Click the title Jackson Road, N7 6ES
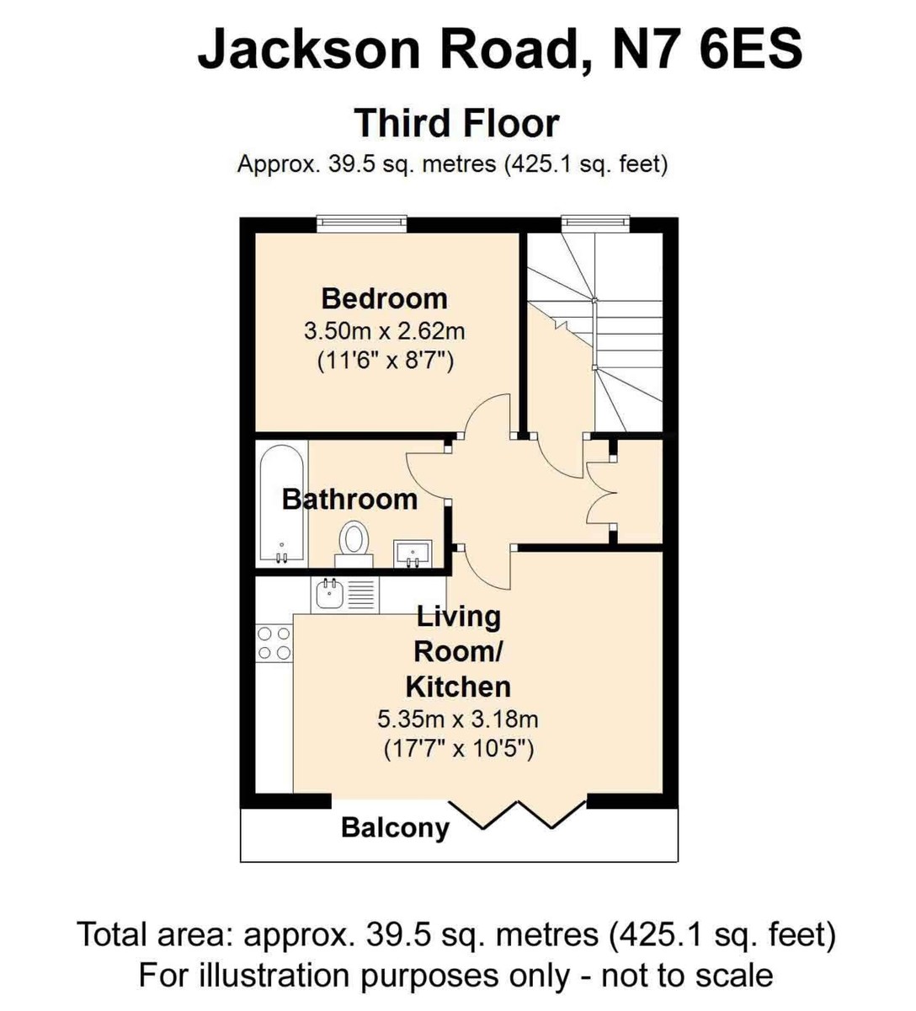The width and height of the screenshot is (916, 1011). [x=499, y=49]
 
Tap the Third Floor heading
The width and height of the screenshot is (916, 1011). [x=456, y=123]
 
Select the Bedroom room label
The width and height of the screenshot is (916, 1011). [x=384, y=298]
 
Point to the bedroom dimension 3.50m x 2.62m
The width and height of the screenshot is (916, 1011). [x=384, y=330]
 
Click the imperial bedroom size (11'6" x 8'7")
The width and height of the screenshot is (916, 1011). [x=386, y=361]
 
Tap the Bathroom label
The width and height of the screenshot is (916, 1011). [x=349, y=499]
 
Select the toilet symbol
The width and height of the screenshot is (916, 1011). [x=354, y=542]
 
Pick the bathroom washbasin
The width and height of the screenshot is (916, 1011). [x=413, y=553]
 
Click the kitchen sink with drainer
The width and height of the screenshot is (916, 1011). [x=345, y=595]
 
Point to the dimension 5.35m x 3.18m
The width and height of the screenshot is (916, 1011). [x=457, y=719]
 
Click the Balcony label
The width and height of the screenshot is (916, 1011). [x=395, y=827]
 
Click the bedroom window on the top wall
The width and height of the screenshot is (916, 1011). [x=361, y=223]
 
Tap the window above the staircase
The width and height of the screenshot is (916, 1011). [x=594, y=223]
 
